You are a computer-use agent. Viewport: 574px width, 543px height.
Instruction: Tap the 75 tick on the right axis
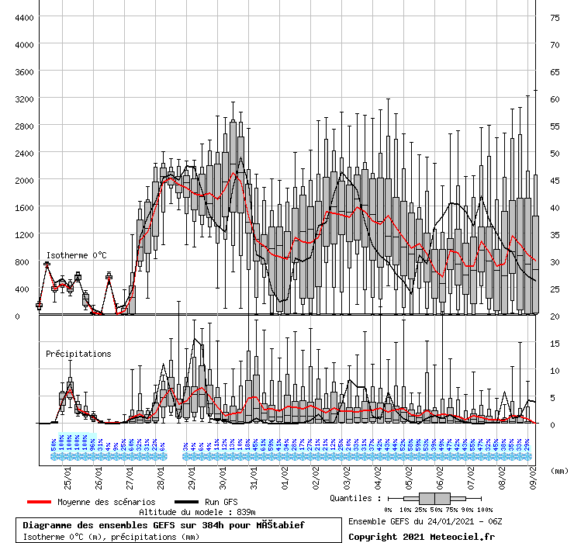click(555, 17)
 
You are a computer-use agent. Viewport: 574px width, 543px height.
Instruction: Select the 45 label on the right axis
click(555, 180)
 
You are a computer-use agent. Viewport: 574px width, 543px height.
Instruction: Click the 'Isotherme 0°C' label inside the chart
click(76, 255)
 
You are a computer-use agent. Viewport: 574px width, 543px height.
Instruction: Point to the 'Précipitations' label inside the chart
click(78, 354)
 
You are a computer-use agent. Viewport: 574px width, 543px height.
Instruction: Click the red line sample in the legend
click(40, 502)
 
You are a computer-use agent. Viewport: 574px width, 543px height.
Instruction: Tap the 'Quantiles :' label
click(355, 498)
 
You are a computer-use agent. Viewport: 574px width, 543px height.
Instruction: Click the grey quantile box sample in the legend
click(433, 498)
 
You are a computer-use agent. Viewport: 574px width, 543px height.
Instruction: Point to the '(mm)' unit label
click(558, 471)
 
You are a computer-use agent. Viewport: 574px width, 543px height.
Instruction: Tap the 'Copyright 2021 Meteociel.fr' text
click(420, 536)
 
